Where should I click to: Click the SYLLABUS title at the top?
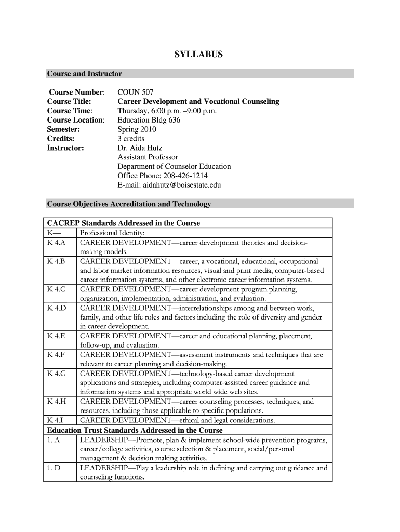(x=199, y=54)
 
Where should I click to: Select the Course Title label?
(x=69, y=101)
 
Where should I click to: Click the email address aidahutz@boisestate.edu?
(x=169, y=185)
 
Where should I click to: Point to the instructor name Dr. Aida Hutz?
(x=140, y=148)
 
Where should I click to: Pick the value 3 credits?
(x=131, y=138)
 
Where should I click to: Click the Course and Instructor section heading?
(x=84, y=74)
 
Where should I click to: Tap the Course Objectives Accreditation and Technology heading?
(x=129, y=204)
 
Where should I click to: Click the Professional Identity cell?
(x=112, y=233)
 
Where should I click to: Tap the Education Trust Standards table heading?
(x=135, y=430)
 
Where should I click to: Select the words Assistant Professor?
(x=148, y=157)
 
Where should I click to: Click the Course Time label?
(x=70, y=111)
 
